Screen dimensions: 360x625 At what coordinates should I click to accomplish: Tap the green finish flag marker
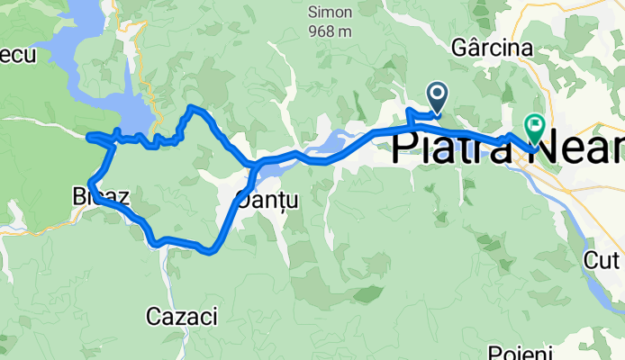pos(535,129)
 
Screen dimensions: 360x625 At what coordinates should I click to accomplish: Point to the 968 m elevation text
pos(330,31)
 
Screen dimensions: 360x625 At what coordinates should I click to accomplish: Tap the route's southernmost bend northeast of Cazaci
pos(210,251)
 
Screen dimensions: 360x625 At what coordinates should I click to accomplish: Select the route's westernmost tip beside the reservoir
pos(87,137)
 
